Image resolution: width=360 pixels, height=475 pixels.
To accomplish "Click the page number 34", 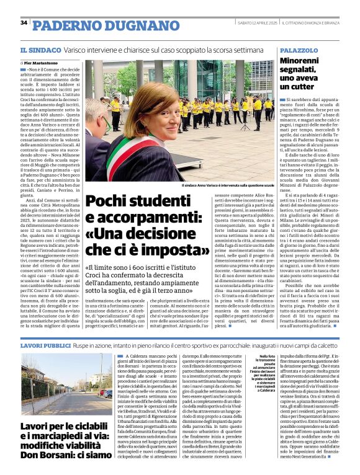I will (x=24, y=23).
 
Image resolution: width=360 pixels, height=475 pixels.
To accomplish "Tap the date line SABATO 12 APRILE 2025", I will (x=251, y=24).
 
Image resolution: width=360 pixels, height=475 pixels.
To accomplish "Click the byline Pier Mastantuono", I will (x=45, y=63).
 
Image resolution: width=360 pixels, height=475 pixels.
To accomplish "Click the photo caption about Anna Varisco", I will (x=227, y=185).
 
